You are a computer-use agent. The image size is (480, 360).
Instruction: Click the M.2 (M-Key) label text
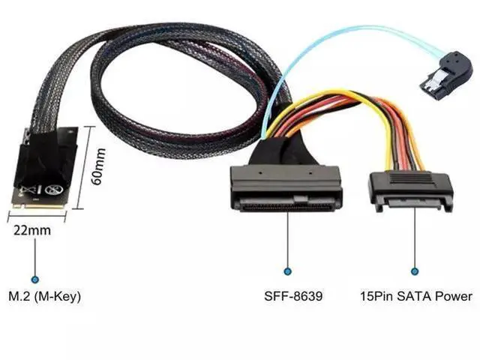[44, 297]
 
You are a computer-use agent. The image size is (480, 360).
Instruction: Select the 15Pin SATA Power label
[415, 297]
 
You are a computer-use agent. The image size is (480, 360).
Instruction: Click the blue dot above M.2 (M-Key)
[34, 271]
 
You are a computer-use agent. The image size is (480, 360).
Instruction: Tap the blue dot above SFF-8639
[287, 271]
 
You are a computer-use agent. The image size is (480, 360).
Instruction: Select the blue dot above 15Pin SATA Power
[414, 271]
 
